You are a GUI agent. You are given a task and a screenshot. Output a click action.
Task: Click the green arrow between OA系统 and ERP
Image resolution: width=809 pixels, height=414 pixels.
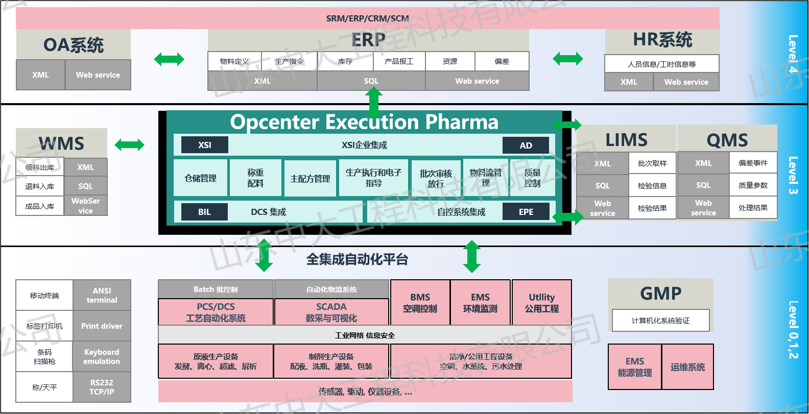pyautogui.click(x=169, y=59)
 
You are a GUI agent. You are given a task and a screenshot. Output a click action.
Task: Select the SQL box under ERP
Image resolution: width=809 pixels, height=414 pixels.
pyautogui.click(x=371, y=81)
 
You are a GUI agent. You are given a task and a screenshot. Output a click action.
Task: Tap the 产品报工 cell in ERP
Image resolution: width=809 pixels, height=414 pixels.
pyautogui.click(x=399, y=61)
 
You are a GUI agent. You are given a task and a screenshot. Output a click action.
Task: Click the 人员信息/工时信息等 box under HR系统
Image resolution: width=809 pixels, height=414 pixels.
pyautogui.click(x=661, y=64)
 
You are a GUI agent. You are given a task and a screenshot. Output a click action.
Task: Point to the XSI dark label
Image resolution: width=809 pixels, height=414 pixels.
pyautogui.click(x=205, y=145)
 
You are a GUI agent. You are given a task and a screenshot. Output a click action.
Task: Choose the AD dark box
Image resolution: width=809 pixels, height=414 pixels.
pyautogui.click(x=526, y=145)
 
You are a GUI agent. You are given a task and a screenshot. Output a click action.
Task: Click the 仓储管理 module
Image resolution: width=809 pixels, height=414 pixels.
pyautogui.click(x=200, y=178)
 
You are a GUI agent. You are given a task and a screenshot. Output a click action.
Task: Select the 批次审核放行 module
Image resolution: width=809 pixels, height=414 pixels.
pyautogui.click(x=436, y=178)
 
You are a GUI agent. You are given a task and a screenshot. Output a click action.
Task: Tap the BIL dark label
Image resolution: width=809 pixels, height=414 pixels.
pyautogui.click(x=204, y=212)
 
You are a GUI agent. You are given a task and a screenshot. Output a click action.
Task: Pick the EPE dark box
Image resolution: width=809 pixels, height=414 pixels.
pyautogui.click(x=526, y=212)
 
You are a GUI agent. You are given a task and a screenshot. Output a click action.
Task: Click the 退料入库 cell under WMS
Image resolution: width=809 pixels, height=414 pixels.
pyautogui.click(x=40, y=186)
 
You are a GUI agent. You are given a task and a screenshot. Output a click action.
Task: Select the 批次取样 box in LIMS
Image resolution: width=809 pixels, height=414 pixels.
pyautogui.click(x=652, y=163)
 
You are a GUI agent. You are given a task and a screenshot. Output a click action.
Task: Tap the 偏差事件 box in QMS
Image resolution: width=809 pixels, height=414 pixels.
pyautogui.click(x=753, y=163)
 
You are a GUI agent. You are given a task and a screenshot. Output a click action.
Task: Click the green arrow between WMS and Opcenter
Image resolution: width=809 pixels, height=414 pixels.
pyautogui.click(x=130, y=145)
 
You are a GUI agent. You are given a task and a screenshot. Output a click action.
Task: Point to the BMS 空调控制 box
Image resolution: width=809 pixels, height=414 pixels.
pyautogui.click(x=420, y=303)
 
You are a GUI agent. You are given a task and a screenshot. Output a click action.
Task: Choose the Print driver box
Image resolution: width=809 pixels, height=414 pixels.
pyautogui.click(x=102, y=326)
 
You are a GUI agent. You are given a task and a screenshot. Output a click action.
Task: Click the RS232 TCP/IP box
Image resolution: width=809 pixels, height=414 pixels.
pyautogui.click(x=102, y=387)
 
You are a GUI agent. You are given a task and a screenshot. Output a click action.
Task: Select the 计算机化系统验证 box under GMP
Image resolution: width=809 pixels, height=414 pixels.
pyautogui.click(x=660, y=321)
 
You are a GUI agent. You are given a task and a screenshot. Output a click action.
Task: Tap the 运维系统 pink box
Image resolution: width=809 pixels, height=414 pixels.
pyautogui.click(x=687, y=367)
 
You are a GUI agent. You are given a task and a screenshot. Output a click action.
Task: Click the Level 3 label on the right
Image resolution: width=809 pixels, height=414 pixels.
pyautogui.click(x=793, y=175)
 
